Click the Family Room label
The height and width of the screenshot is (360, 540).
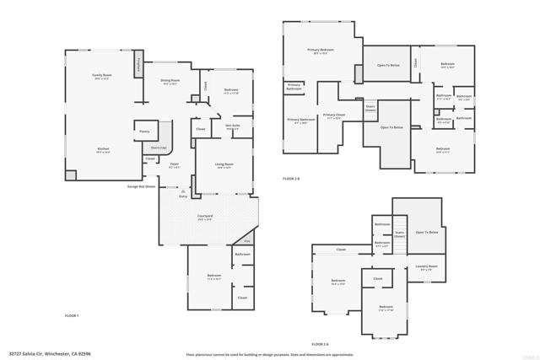coord(102,78)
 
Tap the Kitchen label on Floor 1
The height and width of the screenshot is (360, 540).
coord(102,150)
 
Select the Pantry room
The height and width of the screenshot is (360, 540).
coord(143,132)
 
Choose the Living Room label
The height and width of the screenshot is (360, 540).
coord(224,166)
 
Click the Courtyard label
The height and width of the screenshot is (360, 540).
coord(205,218)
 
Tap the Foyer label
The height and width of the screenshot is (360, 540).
coord(175,165)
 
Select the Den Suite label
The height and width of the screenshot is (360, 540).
coord(233,127)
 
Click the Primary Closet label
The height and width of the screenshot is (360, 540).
coord(333,116)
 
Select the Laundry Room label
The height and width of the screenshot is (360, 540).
coord(426,267)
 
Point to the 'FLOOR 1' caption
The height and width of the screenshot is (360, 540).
coord(72,315)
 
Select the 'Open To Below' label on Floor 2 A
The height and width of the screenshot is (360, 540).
coord(428,232)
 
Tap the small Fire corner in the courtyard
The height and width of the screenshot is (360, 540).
coord(247,241)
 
